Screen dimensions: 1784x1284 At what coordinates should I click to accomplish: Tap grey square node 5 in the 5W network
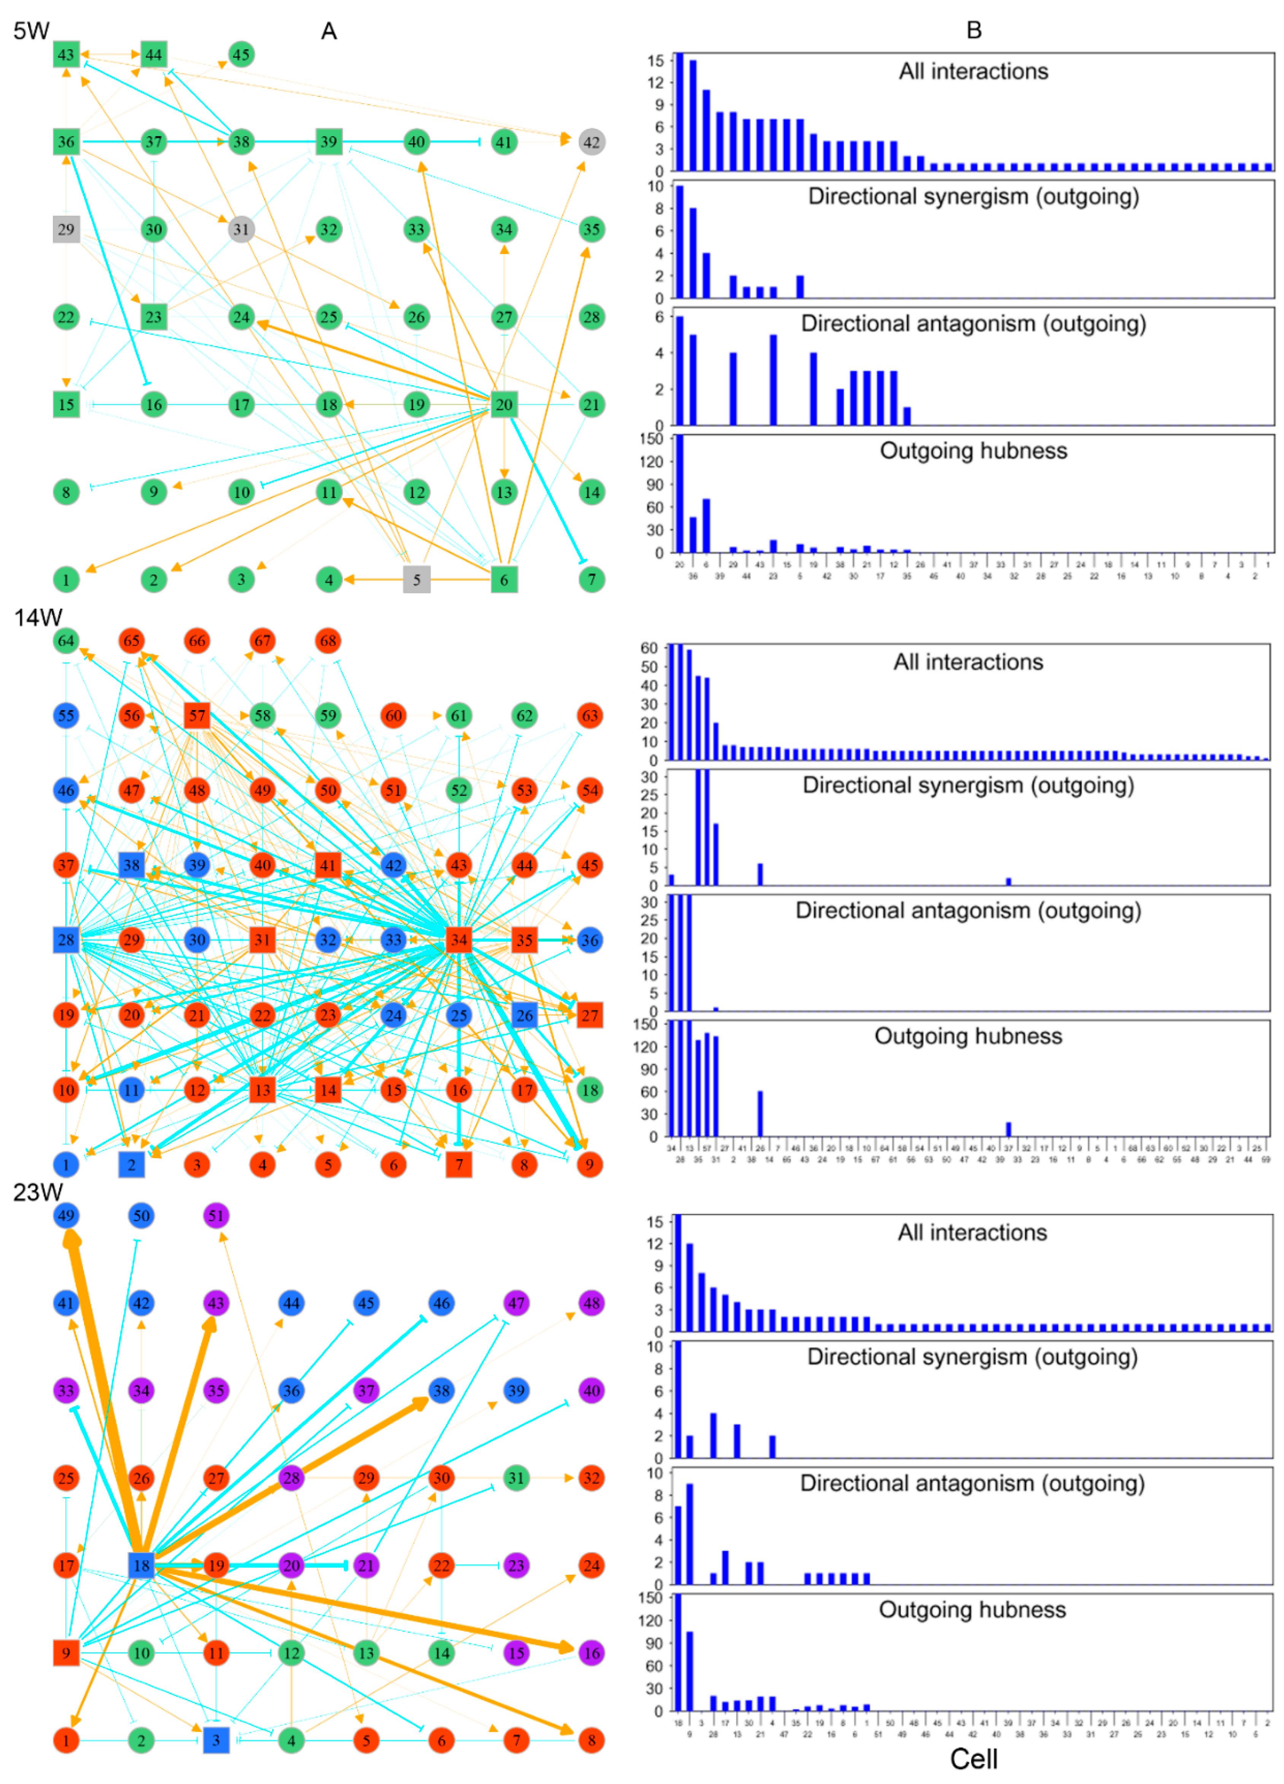tap(416, 580)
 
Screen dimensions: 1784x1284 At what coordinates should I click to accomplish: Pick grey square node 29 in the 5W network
tap(66, 230)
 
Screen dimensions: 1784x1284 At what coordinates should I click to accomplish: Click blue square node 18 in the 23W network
tap(141, 1565)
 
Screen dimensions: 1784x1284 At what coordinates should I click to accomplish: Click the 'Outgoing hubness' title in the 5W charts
tap(973, 451)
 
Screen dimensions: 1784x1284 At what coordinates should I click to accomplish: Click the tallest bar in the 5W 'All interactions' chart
tap(680, 112)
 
